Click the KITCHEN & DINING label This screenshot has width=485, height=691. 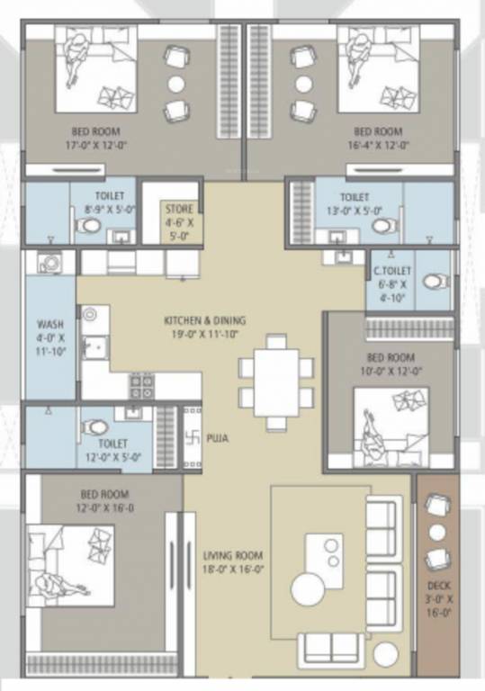204,320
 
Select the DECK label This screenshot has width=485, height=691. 438,586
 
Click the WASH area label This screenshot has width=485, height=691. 49,324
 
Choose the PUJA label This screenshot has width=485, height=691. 217,438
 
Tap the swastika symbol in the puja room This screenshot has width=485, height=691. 191,438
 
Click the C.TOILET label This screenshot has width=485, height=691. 392,268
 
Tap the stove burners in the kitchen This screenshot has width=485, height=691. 141,386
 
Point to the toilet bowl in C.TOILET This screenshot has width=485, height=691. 435,282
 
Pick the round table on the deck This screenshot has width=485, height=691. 437,532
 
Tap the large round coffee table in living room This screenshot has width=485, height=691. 311,589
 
